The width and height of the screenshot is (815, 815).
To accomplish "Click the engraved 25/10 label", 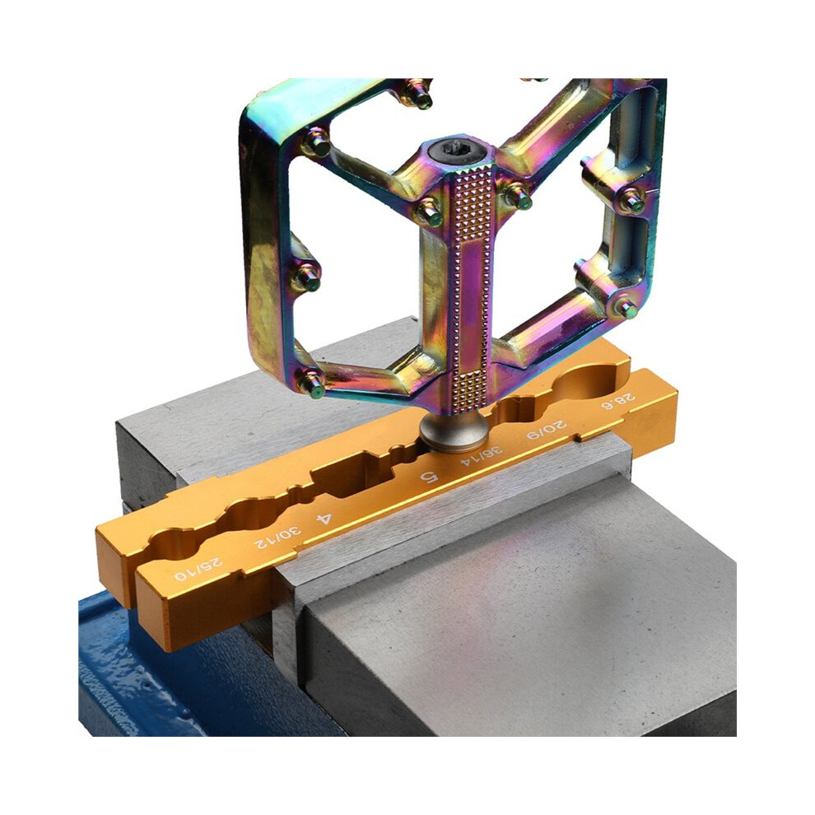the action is coord(199,569).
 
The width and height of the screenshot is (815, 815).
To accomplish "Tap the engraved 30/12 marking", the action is coord(277,538).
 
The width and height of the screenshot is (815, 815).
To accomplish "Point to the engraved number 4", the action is coord(324,519).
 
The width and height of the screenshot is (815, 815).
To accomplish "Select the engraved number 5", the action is coord(430,476).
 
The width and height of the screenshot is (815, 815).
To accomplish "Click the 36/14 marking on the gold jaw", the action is coord(482,454).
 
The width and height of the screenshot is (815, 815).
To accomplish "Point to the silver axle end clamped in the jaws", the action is coord(454,431).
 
